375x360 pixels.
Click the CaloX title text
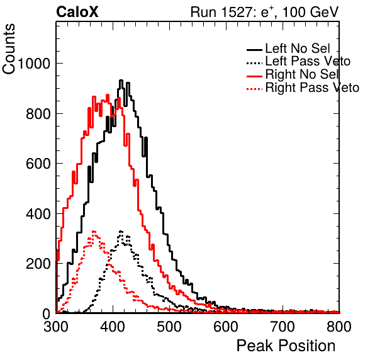click(x=77, y=12)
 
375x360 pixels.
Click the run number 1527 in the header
click(x=235, y=12)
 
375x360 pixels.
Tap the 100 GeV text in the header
click(x=310, y=12)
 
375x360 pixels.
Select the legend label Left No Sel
click(x=298, y=48)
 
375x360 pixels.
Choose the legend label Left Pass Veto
click(x=308, y=61)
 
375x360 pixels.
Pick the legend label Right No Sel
click(x=302, y=74)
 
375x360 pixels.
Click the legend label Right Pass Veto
click(x=312, y=87)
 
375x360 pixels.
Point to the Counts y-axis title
click(x=9, y=49)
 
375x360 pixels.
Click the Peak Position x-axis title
click(x=286, y=346)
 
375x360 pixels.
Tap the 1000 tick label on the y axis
click(x=34, y=64)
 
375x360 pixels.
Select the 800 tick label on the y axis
click(x=38, y=114)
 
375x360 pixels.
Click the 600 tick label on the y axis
click(x=38, y=164)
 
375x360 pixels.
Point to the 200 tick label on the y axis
click(x=38, y=264)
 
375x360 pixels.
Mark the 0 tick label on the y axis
click(x=47, y=313)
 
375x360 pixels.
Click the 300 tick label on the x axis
click(x=56, y=327)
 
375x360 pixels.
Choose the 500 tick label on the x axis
click(x=169, y=327)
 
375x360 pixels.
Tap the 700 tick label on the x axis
click(x=283, y=327)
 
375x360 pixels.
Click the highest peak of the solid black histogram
click(x=121, y=81)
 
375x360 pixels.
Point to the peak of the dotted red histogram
click(x=94, y=232)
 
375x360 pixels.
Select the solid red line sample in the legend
click(x=254, y=76)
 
